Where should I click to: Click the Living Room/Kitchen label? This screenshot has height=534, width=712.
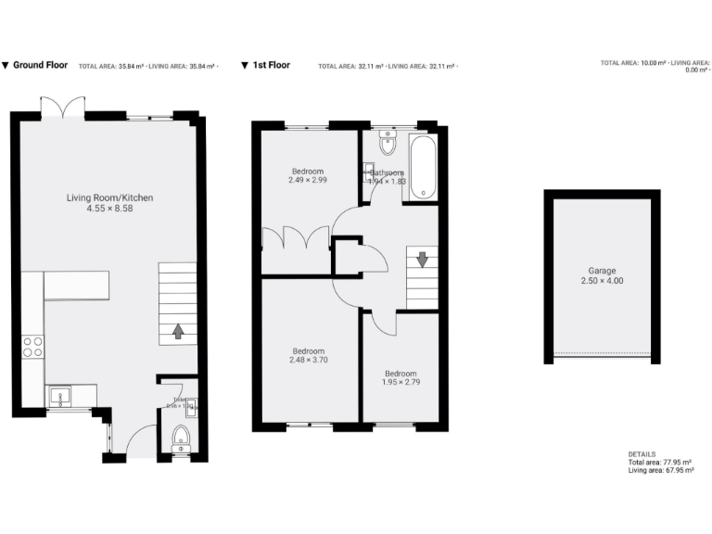click(109, 197)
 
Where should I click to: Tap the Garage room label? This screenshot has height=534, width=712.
click(602, 270)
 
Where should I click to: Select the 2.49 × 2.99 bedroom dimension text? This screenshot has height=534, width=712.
click(308, 182)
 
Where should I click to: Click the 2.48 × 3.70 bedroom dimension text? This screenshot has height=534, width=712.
click(308, 362)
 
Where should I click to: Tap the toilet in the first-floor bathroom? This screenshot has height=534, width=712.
click(387, 143)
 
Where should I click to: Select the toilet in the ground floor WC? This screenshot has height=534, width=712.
click(181, 439)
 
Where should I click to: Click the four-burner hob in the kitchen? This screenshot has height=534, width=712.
click(32, 347)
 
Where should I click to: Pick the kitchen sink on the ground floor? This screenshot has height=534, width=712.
click(59, 397)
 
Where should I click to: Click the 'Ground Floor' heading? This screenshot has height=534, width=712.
click(40, 66)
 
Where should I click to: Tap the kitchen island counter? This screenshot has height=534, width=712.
click(76, 286)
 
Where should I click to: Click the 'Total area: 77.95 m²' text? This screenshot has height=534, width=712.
click(660, 462)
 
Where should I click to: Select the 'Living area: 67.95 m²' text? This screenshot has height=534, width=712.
click(660, 470)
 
